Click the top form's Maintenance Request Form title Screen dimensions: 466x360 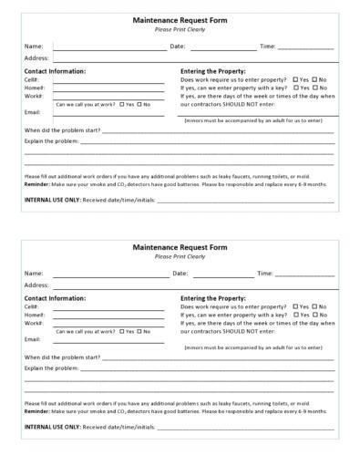click(180, 20)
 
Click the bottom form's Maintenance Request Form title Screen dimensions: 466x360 click(180, 247)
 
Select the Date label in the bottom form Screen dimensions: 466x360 click(180, 274)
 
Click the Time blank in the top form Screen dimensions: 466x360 click(305, 47)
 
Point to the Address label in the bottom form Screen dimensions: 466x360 click(36, 285)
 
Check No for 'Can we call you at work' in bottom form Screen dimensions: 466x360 click(139, 332)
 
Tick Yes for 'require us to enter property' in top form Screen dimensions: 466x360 click(295, 79)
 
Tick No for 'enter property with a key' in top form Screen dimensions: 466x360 click(314, 88)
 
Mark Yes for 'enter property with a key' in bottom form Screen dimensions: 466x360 click(295, 316)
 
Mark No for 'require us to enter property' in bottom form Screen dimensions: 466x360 click(314, 307)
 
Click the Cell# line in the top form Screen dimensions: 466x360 click(109, 81)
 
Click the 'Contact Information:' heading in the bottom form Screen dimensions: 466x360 click(55, 298)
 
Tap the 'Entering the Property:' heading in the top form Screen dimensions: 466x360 click(213, 70)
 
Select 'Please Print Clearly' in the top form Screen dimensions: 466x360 click(180, 28)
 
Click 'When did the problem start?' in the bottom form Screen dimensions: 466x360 click(62, 357)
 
